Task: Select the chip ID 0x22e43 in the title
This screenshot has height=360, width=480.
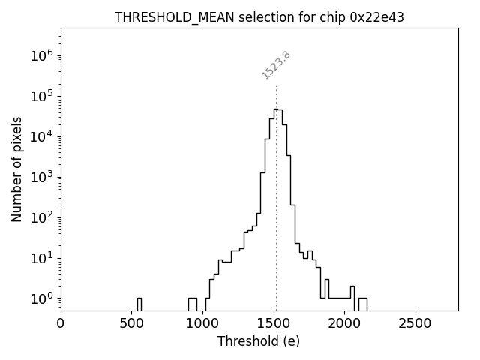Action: tap(377, 17)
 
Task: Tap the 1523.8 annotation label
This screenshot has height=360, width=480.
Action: tap(276, 65)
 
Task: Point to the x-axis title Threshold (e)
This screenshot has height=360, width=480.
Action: tap(259, 341)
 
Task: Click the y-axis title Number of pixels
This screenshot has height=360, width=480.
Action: tap(16, 169)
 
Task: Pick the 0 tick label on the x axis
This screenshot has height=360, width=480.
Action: tap(61, 323)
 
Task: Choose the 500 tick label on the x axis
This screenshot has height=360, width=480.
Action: tap(131, 323)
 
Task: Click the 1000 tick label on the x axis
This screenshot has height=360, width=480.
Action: tap(202, 323)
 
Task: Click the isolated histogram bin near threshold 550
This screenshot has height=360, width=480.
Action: tap(139, 304)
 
